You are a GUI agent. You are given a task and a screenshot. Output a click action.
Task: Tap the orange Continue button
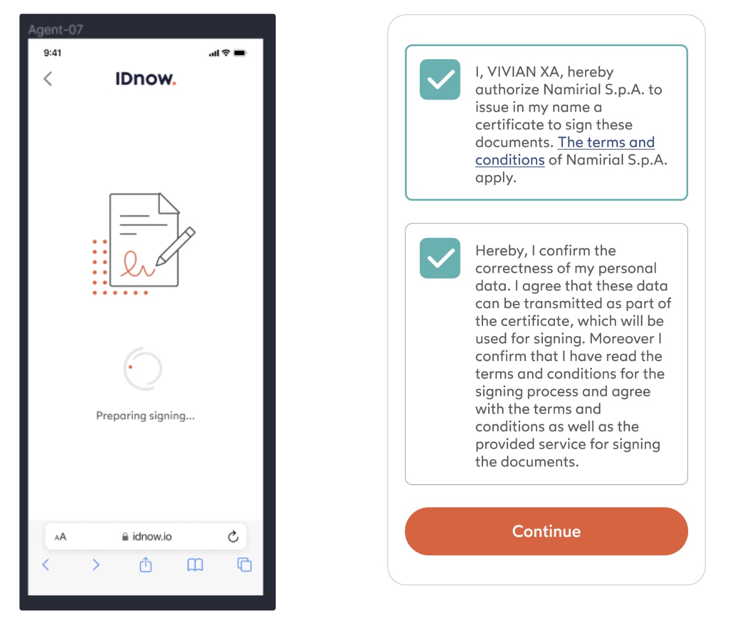(x=546, y=531)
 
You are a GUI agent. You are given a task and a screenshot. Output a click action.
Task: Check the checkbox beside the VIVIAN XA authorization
(x=440, y=80)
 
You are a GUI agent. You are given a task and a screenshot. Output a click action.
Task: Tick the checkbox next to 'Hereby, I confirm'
(x=440, y=258)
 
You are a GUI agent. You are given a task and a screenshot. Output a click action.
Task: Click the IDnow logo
(x=145, y=79)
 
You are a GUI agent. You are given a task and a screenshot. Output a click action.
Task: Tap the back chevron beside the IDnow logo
(x=48, y=79)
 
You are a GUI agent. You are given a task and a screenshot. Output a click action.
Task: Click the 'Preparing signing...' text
(x=145, y=416)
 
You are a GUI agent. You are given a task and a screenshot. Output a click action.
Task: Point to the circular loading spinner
(x=143, y=368)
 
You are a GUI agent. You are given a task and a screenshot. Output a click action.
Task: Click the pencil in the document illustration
(x=176, y=245)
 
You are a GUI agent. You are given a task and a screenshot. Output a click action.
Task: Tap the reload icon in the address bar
(x=233, y=536)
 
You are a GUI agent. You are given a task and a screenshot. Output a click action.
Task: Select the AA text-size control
(x=60, y=536)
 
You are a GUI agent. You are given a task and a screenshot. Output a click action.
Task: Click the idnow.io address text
(x=152, y=536)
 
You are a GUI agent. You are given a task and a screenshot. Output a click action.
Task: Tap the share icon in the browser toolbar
(x=146, y=564)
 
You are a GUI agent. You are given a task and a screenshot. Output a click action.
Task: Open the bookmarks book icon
(x=195, y=564)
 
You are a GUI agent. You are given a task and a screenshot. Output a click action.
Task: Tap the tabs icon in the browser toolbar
(x=244, y=564)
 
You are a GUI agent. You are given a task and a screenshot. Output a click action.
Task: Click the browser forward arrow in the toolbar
(x=96, y=564)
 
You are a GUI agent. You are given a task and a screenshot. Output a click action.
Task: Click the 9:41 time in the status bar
(x=52, y=53)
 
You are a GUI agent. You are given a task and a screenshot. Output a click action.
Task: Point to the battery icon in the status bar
(x=240, y=53)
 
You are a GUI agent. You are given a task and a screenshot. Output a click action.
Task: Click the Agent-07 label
(x=56, y=30)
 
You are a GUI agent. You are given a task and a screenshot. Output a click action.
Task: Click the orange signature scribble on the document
(x=137, y=265)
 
